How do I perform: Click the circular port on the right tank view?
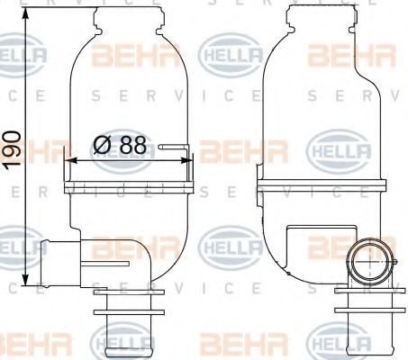(368, 262)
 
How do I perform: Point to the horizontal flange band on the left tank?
(130, 187)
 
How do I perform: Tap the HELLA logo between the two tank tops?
(230, 57)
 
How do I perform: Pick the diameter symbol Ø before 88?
(102, 144)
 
